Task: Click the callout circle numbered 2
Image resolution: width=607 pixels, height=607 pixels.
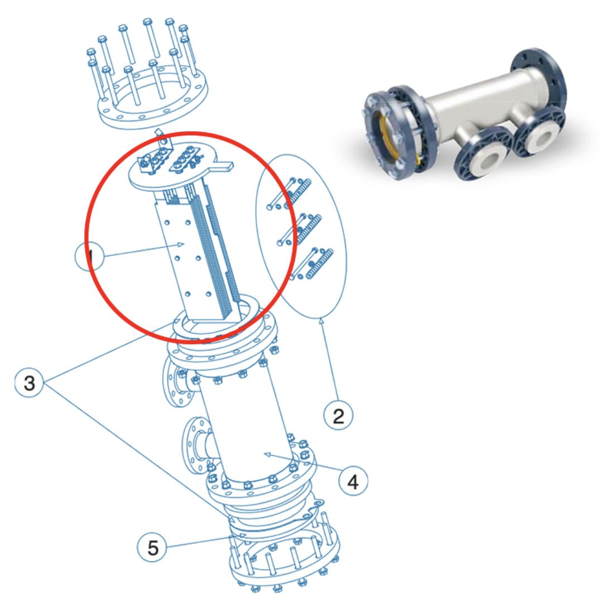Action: pos(339,415)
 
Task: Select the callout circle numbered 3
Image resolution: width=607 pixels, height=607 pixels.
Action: pos(29,383)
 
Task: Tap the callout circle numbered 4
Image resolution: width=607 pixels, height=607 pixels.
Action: pos(353,480)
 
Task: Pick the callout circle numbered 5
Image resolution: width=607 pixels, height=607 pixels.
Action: pos(153,547)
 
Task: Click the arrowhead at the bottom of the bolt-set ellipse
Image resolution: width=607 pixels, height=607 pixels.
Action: pos(321,320)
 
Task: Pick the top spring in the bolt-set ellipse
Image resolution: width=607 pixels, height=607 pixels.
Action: pos(300,192)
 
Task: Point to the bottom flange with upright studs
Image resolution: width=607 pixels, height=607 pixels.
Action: pos(285,563)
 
